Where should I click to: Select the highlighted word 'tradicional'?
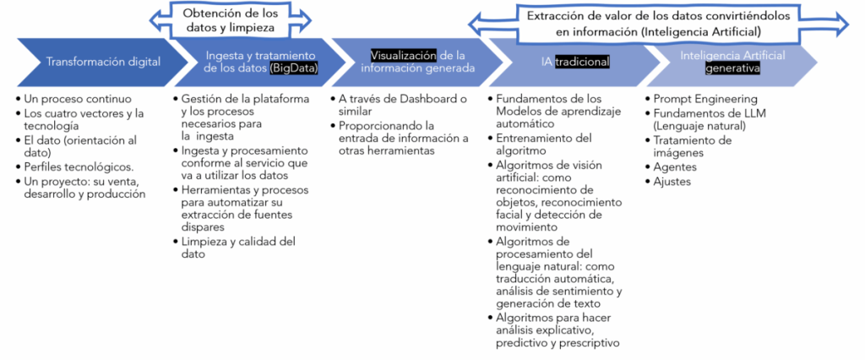coord(583,62)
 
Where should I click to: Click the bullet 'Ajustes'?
coord(672,181)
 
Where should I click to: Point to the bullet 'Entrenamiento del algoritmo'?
coord(544,143)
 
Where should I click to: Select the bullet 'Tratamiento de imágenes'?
coord(692,146)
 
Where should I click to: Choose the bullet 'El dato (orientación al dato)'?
coord(80,146)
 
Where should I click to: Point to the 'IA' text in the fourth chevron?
coord(548,62)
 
